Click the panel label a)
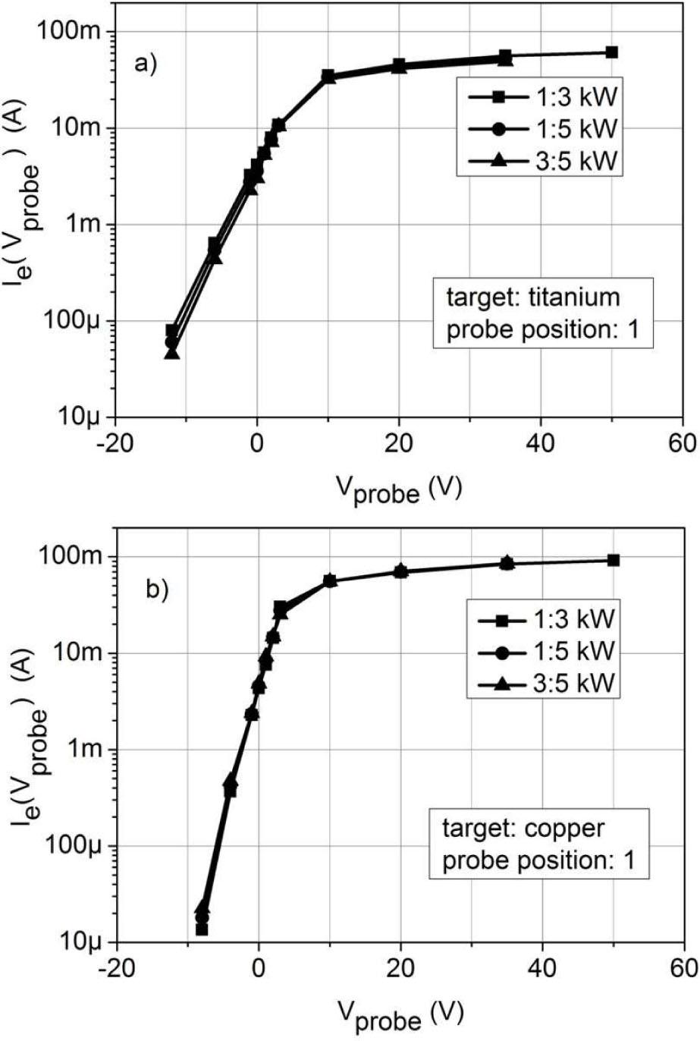pos(144,63)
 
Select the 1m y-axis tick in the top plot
pos(89,225)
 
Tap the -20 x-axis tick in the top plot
pos(115,442)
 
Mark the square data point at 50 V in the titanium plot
pos(612,52)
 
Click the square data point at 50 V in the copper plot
pos(614,560)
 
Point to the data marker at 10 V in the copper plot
pos(329,581)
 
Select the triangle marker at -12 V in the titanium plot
pos(172,352)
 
